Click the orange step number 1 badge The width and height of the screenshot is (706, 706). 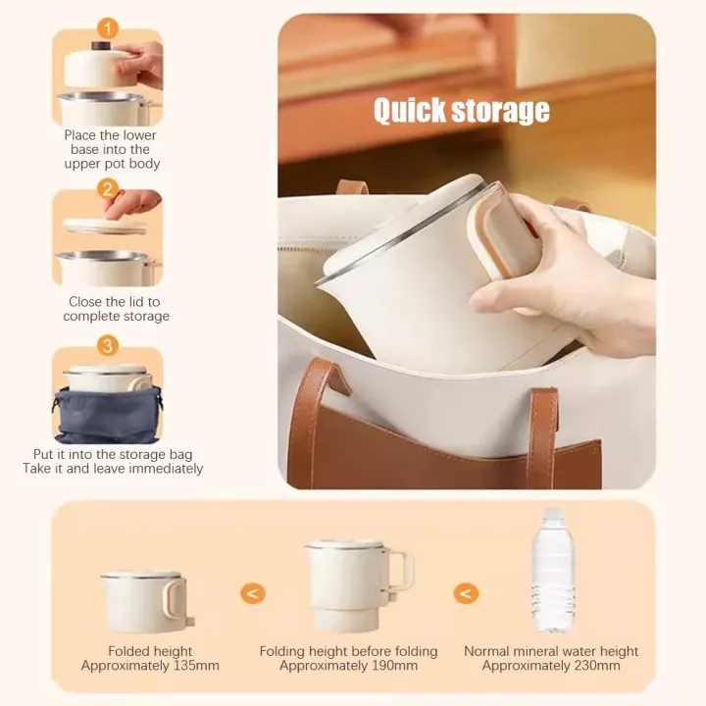pyautogui.click(x=108, y=28)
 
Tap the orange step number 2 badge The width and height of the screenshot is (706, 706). pyautogui.click(x=108, y=188)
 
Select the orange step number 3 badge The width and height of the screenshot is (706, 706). pyautogui.click(x=108, y=345)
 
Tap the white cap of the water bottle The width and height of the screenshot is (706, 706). pyautogui.click(x=554, y=514)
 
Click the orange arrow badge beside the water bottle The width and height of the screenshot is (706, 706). pyautogui.click(x=466, y=593)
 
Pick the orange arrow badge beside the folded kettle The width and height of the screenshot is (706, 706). pyautogui.click(x=253, y=593)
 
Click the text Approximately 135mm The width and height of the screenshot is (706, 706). pyautogui.click(x=150, y=666)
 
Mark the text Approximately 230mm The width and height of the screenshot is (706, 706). pyautogui.click(x=551, y=666)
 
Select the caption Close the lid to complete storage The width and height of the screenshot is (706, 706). pyautogui.click(x=116, y=309)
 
